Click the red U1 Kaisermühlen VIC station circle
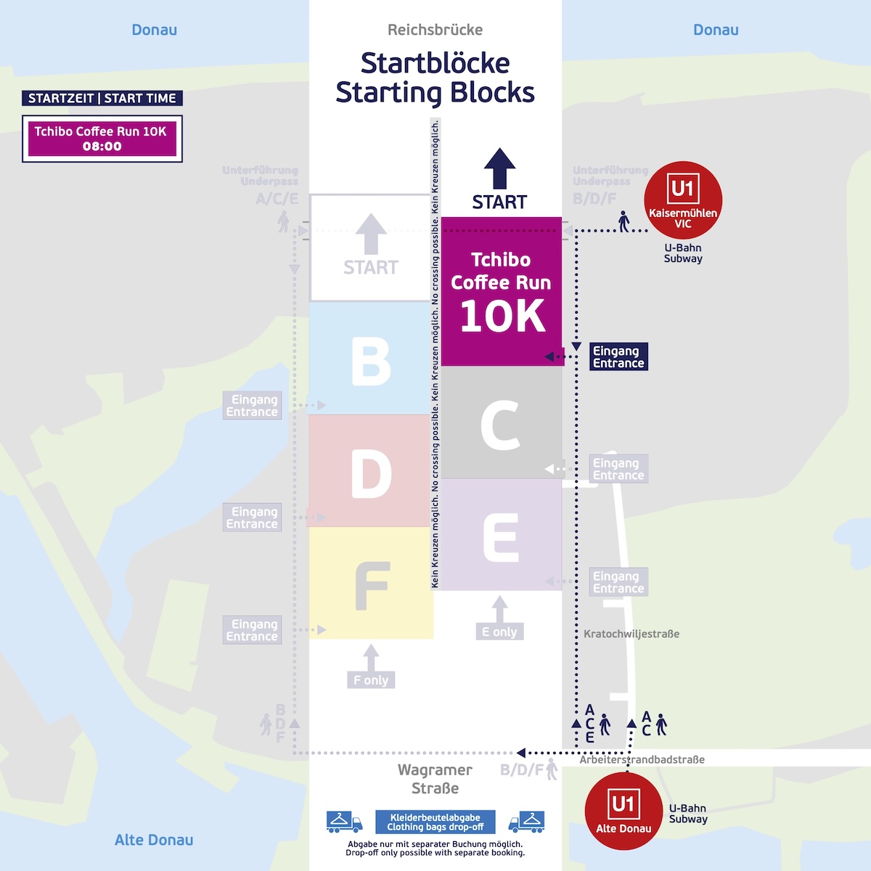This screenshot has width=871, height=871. [x=682, y=200]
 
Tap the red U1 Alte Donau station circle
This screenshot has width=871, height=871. [x=623, y=811]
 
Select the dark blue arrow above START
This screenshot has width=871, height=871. [x=500, y=168]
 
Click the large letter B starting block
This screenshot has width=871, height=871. [x=371, y=361]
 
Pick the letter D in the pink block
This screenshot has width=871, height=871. [x=371, y=474]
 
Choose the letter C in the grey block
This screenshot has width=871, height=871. [x=500, y=425]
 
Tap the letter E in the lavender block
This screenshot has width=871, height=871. [x=501, y=538]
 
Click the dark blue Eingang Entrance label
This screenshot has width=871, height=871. [x=618, y=356]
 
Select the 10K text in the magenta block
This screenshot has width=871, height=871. [x=502, y=316]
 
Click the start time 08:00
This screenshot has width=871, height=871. [x=102, y=147]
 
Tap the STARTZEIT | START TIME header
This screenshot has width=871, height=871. [x=102, y=98]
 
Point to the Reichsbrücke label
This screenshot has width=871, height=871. [x=435, y=30]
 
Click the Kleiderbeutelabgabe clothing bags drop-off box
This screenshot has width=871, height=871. [x=435, y=822]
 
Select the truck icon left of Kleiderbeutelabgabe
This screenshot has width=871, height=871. [x=344, y=822]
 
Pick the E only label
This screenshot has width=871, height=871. [x=499, y=631]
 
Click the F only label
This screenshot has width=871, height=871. [x=371, y=680]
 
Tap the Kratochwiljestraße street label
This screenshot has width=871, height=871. [x=631, y=634]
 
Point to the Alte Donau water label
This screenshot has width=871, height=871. [x=154, y=840]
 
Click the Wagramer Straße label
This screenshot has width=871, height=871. [x=435, y=779]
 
